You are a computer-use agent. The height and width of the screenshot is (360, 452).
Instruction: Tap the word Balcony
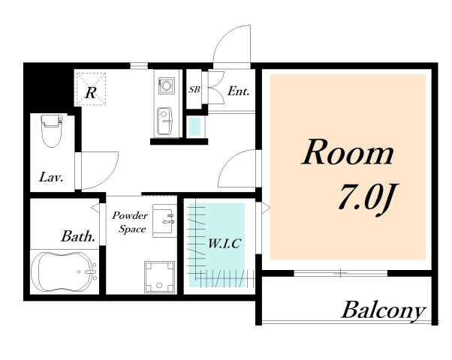(x=384, y=310)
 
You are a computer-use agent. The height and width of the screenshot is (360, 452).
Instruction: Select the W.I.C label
(x=224, y=244)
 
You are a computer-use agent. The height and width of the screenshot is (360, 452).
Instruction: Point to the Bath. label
(x=78, y=236)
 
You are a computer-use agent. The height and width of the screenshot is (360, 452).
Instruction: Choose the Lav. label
(x=51, y=177)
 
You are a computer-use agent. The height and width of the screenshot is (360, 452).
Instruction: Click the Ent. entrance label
(x=239, y=91)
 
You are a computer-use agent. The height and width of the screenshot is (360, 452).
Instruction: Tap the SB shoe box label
(x=194, y=89)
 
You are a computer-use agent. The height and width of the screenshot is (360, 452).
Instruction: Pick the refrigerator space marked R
(x=91, y=89)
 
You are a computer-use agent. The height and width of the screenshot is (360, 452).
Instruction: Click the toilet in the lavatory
(x=52, y=130)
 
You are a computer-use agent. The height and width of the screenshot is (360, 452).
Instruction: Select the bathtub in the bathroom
(x=64, y=271)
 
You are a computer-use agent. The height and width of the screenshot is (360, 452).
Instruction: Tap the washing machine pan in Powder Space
(x=160, y=277)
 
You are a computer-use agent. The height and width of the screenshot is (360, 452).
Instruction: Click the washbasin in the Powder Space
(x=164, y=220)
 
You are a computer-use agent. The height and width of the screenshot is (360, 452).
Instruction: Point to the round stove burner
(x=167, y=85)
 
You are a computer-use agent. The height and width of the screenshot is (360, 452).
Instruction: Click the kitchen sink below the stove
(x=164, y=121)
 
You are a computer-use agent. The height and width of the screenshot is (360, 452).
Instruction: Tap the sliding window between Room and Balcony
(x=340, y=273)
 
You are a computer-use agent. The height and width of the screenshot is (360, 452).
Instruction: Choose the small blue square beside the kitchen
(x=194, y=126)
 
